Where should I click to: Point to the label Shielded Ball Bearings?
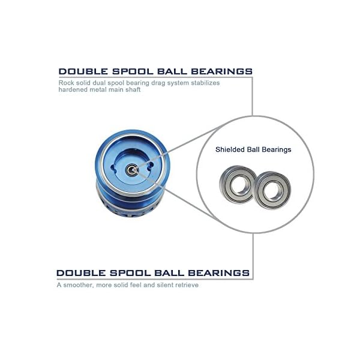253,149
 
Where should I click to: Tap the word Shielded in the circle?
230,149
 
